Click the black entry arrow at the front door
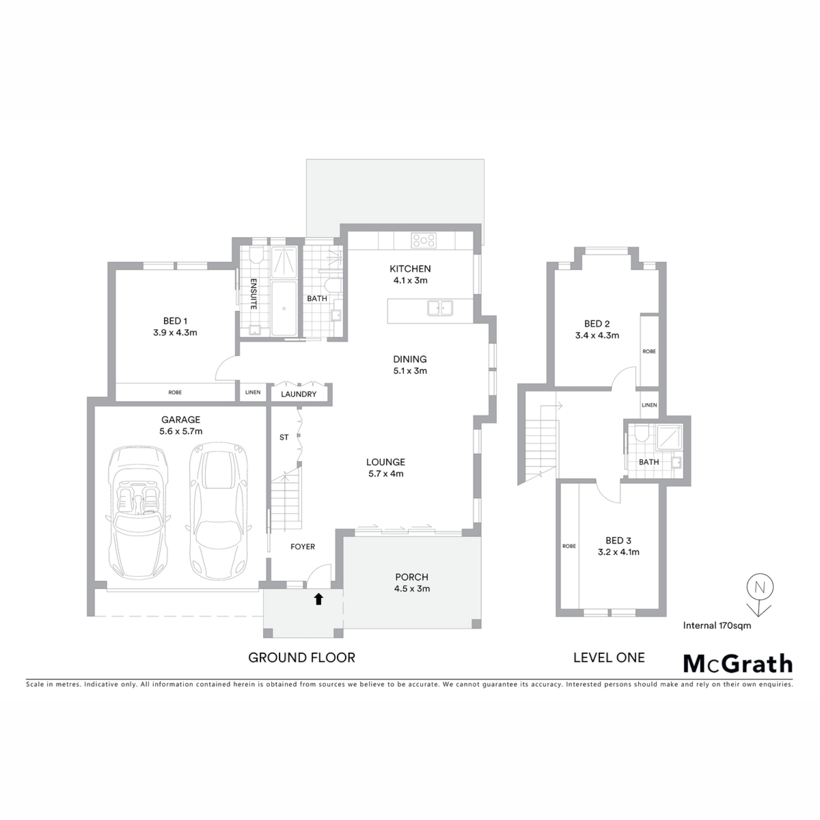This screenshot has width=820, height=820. pyautogui.click(x=319, y=599)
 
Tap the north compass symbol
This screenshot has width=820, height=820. pyautogui.click(x=760, y=595)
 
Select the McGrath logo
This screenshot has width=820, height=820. pyautogui.click(x=738, y=664)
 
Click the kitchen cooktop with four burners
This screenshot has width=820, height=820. pyautogui.click(x=424, y=240)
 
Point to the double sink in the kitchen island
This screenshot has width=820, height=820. pyautogui.click(x=440, y=308)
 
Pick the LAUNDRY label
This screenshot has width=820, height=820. pyautogui.click(x=299, y=394)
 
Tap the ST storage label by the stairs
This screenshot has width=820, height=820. pyautogui.click(x=284, y=437)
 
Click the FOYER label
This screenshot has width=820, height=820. pyautogui.click(x=303, y=547)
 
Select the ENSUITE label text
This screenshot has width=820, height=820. pyautogui.click(x=253, y=294)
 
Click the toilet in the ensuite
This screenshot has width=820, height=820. pyautogui.click(x=256, y=255)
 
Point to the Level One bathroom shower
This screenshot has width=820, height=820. pyautogui.click(x=669, y=437)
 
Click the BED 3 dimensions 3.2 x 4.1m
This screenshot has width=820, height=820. pyautogui.click(x=618, y=552)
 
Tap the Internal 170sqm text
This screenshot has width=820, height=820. pyautogui.click(x=717, y=626)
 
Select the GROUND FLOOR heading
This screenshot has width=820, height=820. pyautogui.click(x=302, y=658)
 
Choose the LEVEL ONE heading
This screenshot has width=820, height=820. pyautogui.click(x=609, y=658)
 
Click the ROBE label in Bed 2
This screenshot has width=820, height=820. pyautogui.click(x=649, y=351)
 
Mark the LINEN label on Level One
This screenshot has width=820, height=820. pyautogui.click(x=649, y=405)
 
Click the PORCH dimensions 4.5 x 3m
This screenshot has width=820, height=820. pyautogui.click(x=412, y=589)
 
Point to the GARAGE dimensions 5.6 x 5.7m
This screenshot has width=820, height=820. pyautogui.click(x=181, y=431)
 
